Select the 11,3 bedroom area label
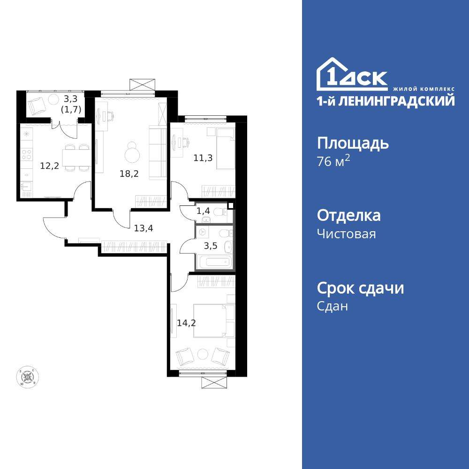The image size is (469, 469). (x=203, y=158)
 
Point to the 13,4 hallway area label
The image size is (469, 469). (x=144, y=228)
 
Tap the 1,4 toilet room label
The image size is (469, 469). (x=203, y=211)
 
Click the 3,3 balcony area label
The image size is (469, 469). (x=71, y=98)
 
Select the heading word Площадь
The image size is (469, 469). (x=353, y=143)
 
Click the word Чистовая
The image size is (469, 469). (x=346, y=234)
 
